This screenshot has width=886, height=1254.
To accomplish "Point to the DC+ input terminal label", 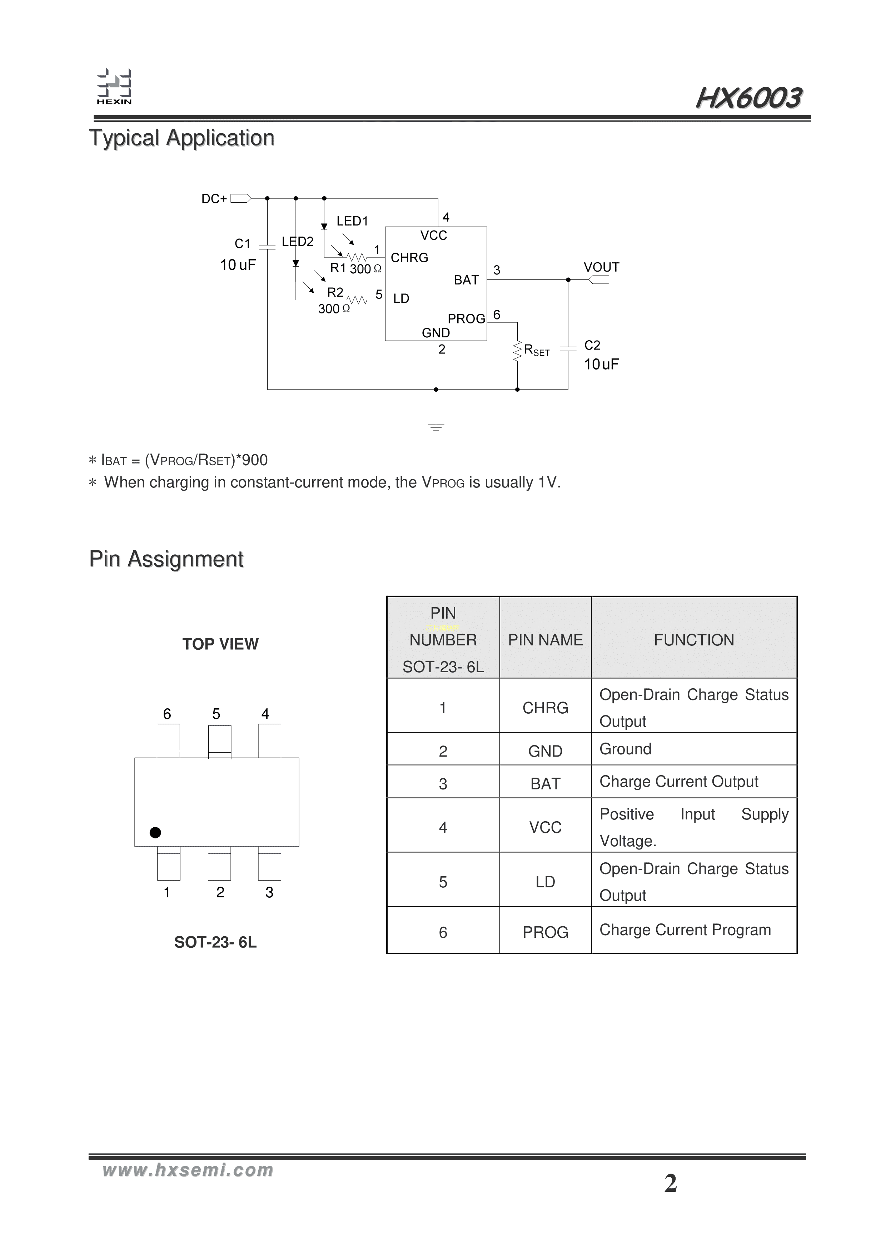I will [214, 199].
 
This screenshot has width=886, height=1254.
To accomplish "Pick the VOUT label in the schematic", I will [601, 267].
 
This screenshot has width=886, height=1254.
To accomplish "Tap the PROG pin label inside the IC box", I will [466, 318].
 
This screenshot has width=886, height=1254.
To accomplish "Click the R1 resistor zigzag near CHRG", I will [357, 257].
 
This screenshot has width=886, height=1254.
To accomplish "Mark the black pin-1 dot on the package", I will [155, 832].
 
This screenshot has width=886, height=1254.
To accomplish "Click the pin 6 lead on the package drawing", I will [168, 740].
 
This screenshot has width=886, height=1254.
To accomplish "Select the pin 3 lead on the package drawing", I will [269, 864].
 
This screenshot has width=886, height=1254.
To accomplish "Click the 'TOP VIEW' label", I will [220, 644].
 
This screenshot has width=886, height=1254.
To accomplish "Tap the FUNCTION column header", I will [694, 640].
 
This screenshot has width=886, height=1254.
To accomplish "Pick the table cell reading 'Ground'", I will [626, 749].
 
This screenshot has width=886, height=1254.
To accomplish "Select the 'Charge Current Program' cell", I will [685, 930].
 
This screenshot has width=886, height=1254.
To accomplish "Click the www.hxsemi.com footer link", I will [188, 1170].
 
